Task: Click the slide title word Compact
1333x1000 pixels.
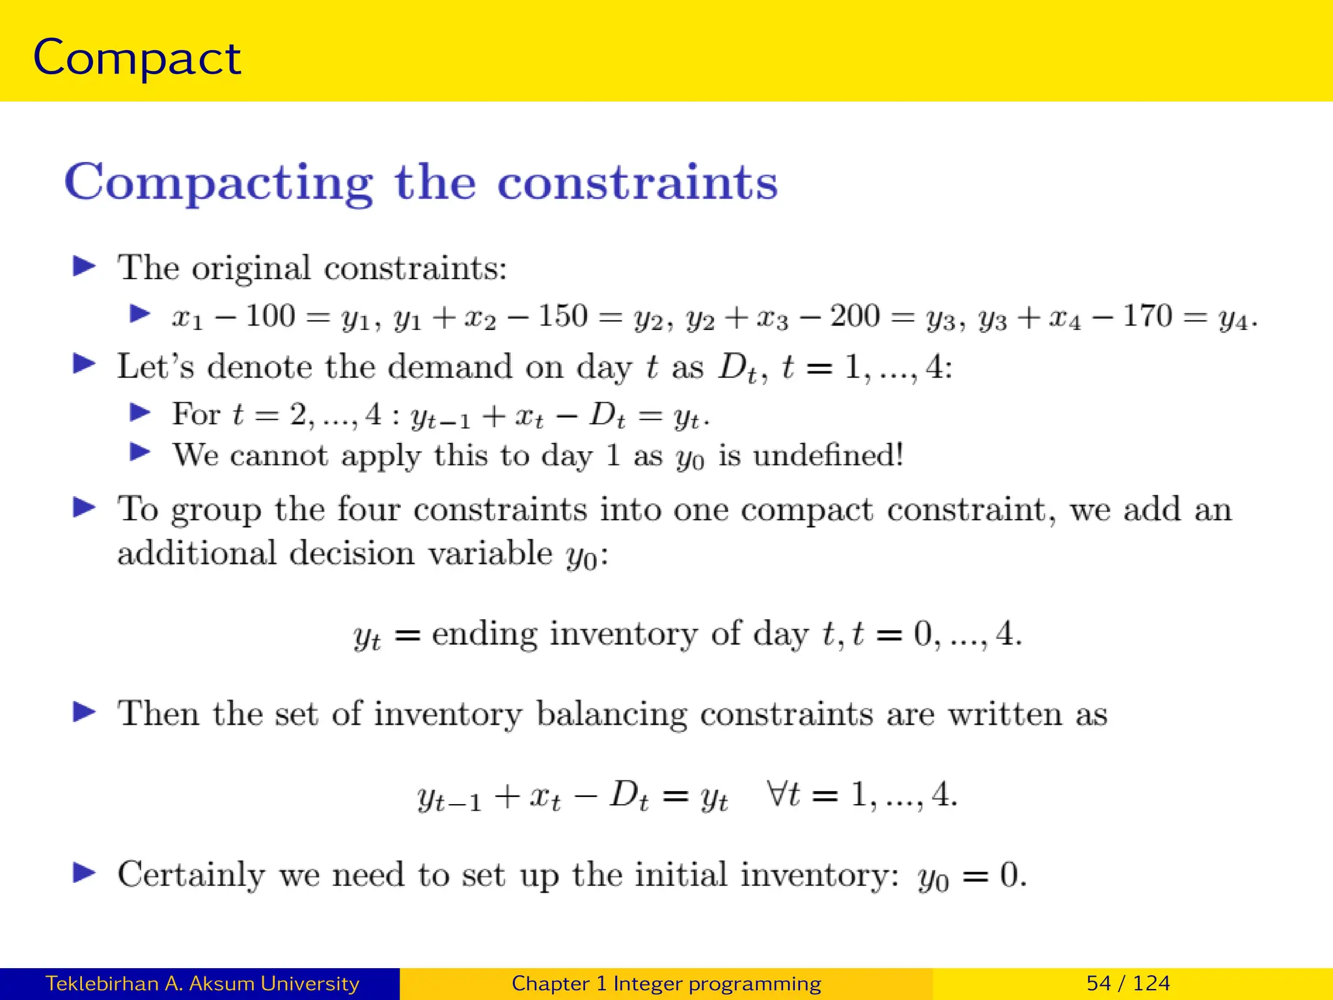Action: [137, 59]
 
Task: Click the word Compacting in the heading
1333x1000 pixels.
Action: [219, 183]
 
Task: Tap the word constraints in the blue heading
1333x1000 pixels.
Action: [637, 183]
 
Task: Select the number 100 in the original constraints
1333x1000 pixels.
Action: [270, 316]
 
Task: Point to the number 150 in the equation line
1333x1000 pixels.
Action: [563, 316]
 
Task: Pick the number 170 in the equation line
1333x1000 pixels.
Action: [1147, 316]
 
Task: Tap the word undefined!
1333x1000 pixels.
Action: [829, 455]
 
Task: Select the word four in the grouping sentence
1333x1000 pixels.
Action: [368, 509]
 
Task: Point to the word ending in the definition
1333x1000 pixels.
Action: [484, 633]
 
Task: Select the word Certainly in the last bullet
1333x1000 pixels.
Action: [191, 874]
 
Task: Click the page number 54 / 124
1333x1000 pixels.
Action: [1128, 983]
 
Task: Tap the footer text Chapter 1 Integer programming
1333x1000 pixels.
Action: [666, 983]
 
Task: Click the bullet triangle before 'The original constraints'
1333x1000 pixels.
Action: [84, 266]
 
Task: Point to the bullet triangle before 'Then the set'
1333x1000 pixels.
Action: [84, 712]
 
